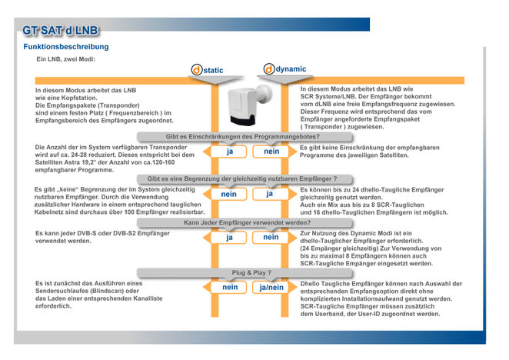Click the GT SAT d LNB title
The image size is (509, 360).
point(61,31)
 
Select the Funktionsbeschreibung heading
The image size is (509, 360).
point(66,47)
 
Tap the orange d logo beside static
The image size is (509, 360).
point(196,70)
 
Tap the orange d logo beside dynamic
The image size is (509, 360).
point(269,69)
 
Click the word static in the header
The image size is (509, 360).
point(213,70)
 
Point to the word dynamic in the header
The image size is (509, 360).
point(291,69)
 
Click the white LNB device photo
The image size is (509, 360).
point(249,105)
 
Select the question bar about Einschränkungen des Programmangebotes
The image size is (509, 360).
point(244,137)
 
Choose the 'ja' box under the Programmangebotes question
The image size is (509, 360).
point(229,152)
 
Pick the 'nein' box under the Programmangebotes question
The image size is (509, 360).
point(271,152)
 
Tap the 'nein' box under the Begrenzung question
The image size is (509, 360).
point(229,194)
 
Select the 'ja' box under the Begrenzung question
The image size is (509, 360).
point(271,194)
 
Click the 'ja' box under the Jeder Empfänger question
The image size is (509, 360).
point(229,238)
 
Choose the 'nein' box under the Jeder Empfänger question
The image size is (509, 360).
point(271,238)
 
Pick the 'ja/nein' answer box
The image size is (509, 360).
point(271,287)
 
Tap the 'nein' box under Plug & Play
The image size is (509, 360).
point(229,287)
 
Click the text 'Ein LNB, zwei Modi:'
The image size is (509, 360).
point(65,59)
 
